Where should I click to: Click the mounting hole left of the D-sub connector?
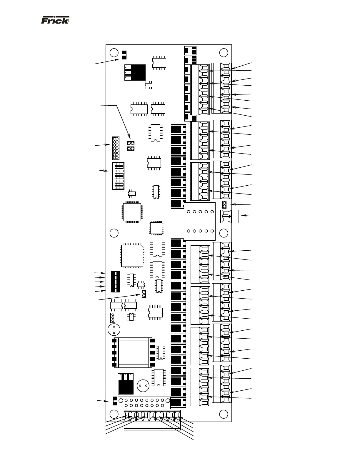coord(114,414)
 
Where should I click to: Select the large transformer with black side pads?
coord(133,352)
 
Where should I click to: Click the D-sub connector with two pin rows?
coord(144,403)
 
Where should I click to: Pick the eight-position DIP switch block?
coord(118,176)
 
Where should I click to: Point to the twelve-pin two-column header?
coord(116,148)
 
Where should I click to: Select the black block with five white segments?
coord(116,282)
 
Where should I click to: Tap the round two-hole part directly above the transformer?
coord(114,329)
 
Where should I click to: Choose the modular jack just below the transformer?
coord(126,384)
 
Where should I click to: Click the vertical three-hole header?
coord(112,318)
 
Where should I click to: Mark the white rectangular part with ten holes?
coord(200,221)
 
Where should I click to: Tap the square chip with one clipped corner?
coord(132,255)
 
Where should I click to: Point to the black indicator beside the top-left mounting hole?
coord(124,54)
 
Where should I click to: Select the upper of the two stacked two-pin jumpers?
coord(131,143)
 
